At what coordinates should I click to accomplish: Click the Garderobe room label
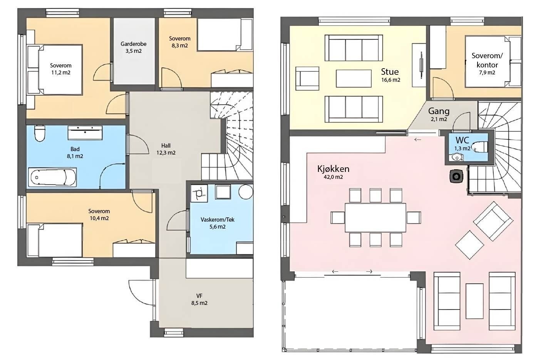[133, 44]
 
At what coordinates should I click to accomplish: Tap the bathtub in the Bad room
[52, 178]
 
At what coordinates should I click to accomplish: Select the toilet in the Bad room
[40, 133]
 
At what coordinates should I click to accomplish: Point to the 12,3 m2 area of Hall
[166, 153]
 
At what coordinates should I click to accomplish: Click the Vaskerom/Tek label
[217, 220]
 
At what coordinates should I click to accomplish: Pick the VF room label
[199, 296]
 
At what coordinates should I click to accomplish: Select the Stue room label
[390, 72]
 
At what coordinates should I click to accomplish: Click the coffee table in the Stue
[354, 78]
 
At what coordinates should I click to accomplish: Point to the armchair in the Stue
[307, 78]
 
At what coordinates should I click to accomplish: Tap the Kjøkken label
[333, 169]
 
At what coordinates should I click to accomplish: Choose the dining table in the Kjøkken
[375, 217]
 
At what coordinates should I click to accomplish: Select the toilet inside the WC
[481, 147]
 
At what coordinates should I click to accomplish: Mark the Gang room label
[439, 111]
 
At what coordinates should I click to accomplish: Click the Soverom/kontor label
[487, 60]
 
